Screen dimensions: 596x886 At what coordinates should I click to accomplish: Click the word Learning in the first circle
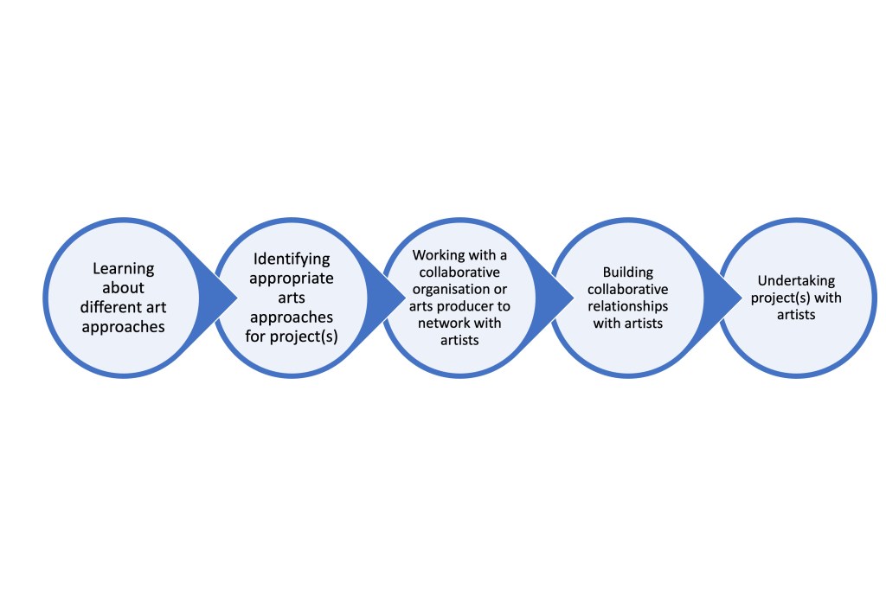point(123,269)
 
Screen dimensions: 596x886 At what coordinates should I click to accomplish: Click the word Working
point(437,255)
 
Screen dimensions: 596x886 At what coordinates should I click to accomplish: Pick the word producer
point(469,306)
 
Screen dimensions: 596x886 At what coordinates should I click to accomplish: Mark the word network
point(443,324)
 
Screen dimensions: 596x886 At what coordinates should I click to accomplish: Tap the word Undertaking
point(797,280)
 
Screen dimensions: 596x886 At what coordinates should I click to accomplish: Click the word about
point(122,288)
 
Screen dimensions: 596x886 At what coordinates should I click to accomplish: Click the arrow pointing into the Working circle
point(394,297)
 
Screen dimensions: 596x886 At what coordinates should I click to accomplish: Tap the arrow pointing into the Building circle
point(562,297)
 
